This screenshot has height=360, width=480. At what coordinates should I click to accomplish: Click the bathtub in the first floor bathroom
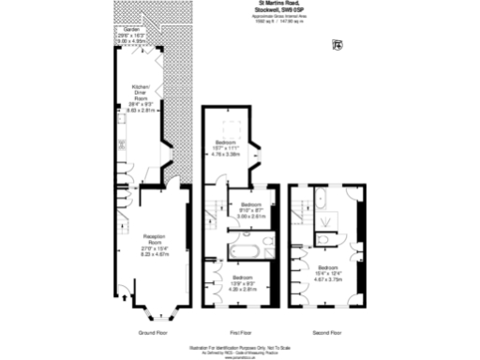click(246, 250)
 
